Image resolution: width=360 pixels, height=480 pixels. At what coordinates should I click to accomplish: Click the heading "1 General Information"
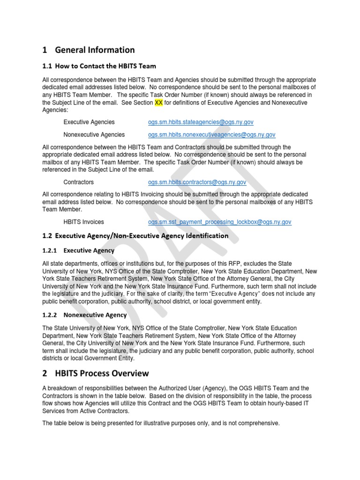[x=88, y=50]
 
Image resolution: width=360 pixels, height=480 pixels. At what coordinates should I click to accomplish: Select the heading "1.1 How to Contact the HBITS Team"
[x=99, y=66]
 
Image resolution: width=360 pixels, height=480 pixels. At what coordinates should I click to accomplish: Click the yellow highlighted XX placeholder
[x=158, y=102]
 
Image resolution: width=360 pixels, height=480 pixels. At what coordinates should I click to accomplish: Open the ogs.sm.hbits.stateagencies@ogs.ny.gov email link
[x=201, y=122]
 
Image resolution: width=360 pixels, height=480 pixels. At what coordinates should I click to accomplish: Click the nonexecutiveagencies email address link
[x=211, y=135]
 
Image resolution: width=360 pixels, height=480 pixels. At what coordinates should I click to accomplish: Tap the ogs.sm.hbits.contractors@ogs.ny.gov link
[x=197, y=182]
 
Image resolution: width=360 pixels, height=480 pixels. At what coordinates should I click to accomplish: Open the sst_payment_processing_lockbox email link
[x=219, y=222]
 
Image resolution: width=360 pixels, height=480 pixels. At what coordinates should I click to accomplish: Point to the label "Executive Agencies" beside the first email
[x=89, y=122]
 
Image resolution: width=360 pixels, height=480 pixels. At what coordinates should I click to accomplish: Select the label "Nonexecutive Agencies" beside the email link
[x=94, y=135]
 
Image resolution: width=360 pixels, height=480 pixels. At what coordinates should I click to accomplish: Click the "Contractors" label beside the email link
[x=79, y=182]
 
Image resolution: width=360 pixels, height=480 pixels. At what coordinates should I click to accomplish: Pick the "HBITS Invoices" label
[x=84, y=222]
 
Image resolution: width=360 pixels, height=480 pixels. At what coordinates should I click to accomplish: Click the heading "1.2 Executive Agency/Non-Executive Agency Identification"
[x=135, y=236]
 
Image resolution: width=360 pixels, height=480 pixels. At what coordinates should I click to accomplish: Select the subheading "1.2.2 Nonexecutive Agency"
[x=84, y=315]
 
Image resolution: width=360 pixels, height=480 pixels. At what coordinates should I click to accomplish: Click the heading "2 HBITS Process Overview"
[x=95, y=373]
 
